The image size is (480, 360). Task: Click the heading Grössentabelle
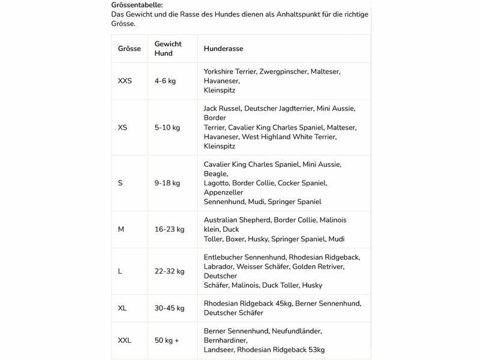pos(137,5)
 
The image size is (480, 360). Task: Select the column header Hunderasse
pos(223,49)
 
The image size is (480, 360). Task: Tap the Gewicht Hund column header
pos(168,49)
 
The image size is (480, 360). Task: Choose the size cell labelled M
pos(121,229)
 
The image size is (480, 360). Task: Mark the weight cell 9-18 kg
pos(168,182)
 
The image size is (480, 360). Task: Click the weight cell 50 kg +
pos(167,340)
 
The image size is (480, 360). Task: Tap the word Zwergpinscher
pos(284,71)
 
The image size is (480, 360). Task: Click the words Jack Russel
pos(223,109)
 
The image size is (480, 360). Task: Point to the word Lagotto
pos(218,182)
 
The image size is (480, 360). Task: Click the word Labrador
pos(218,266)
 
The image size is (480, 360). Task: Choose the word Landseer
pos(219,350)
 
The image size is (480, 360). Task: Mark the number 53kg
pos(312,350)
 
